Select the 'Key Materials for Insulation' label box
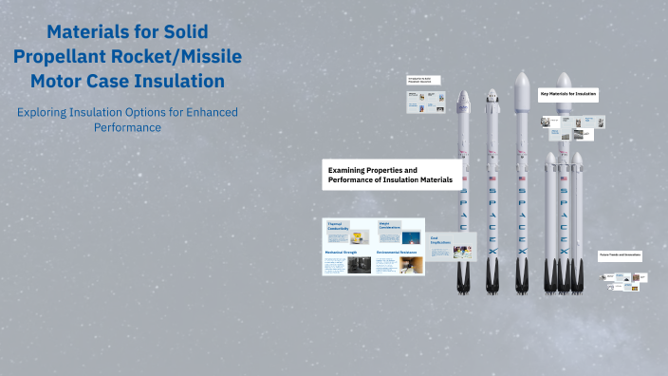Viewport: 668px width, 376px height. [568, 94]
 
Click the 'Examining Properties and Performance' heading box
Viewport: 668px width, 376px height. [392, 175]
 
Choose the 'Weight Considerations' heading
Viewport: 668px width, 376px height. [390, 226]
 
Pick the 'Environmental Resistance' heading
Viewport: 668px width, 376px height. [397, 253]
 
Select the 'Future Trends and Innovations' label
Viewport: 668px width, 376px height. [620, 254]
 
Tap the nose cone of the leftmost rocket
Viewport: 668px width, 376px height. [464, 100]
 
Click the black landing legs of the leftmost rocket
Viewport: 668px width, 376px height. [464, 279]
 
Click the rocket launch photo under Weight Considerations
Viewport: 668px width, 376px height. [411, 238]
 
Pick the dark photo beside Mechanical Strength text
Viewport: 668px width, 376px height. [360, 266]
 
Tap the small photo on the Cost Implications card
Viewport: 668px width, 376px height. [462, 252]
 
